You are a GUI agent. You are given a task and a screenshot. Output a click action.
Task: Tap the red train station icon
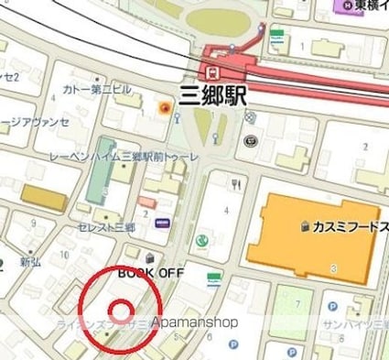tap(212, 71)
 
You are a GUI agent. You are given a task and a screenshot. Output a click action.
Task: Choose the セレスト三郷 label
tap(107, 226)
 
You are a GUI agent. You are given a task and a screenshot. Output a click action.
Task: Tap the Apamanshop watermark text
tap(194, 322)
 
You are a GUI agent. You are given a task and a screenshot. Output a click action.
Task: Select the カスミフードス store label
tap(347, 225)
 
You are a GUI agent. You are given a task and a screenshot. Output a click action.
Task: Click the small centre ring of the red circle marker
tap(120, 308)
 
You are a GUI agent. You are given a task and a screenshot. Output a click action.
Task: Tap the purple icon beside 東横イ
tap(346, 7)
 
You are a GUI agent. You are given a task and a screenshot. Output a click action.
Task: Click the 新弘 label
tap(34, 264)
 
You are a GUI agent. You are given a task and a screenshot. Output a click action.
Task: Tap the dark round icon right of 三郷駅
tap(251, 142)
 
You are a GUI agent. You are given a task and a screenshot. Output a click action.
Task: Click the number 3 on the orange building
tap(333, 267)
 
